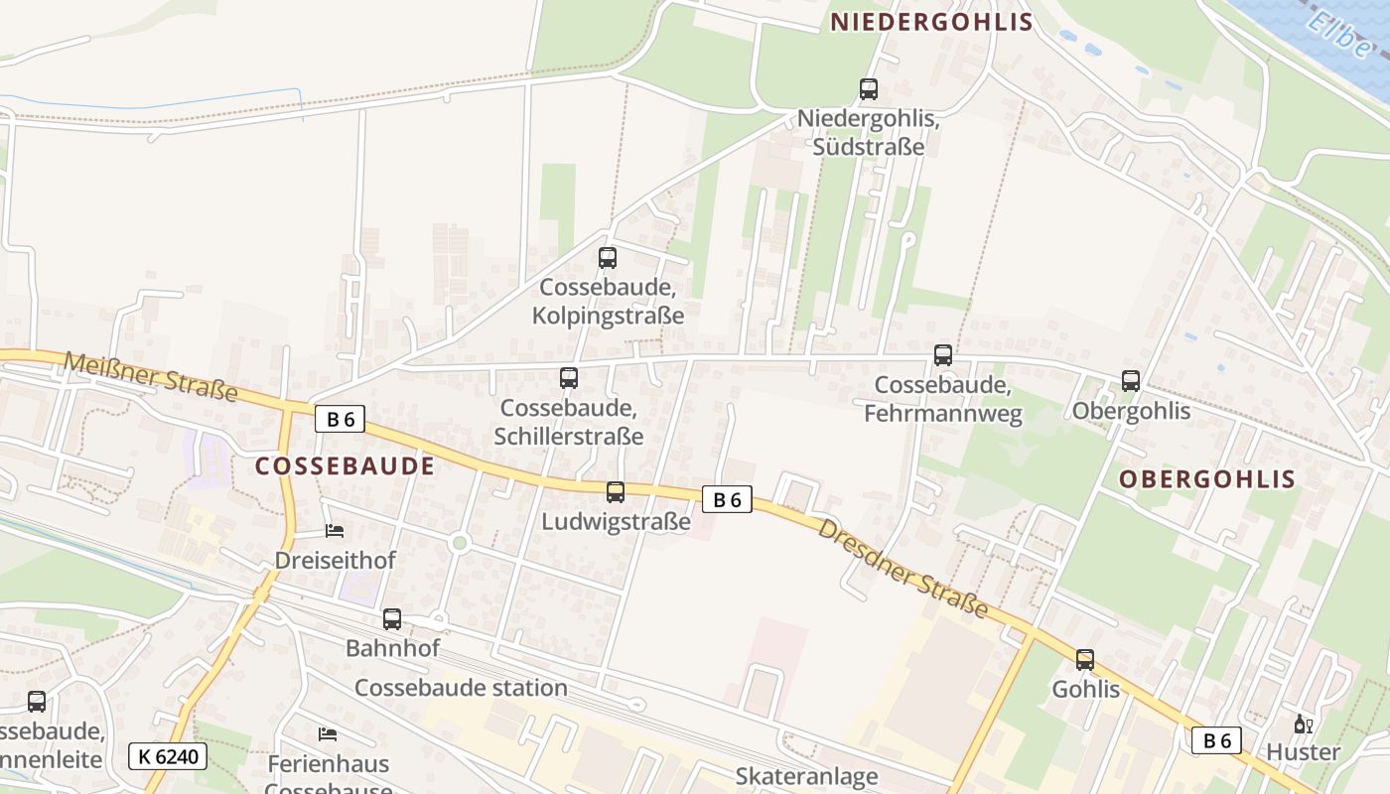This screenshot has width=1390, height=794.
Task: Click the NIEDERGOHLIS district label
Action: [x=931, y=22]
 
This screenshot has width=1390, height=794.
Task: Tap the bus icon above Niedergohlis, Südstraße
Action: [x=869, y=89]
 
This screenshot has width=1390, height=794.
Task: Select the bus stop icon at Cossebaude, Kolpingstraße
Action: [x=608, y=258]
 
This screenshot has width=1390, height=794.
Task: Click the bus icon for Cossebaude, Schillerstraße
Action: [x=569, y=378]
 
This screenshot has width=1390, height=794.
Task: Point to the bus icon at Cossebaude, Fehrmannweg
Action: [x=943, y=354]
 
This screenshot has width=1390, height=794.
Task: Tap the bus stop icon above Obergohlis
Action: [x=1131, y=380]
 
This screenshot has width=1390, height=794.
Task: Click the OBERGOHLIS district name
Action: [x=1207, y=479]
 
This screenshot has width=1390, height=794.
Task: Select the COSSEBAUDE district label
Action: [x=345, y=465]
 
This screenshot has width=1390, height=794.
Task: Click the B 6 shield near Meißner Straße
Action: [x=341, y=419]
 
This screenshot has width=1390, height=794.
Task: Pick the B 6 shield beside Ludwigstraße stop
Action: [x=728, y=499]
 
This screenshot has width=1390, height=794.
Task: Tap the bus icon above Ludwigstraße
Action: [x=616, y=491]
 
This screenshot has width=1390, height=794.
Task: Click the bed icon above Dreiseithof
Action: [x=335, y=531]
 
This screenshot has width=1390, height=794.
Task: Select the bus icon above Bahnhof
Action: [x=392, y=619]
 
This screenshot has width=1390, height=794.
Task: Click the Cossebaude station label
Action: [x=461, y=688]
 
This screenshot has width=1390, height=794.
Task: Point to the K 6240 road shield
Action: [x=168, y=756]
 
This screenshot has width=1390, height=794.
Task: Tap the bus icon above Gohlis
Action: [x=1085, y=660]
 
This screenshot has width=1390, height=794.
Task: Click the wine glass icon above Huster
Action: [x=1304, y=724]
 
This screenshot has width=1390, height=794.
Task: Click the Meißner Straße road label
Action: [x=151, y=376]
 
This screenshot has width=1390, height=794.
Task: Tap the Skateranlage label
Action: [x=806, y=776]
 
